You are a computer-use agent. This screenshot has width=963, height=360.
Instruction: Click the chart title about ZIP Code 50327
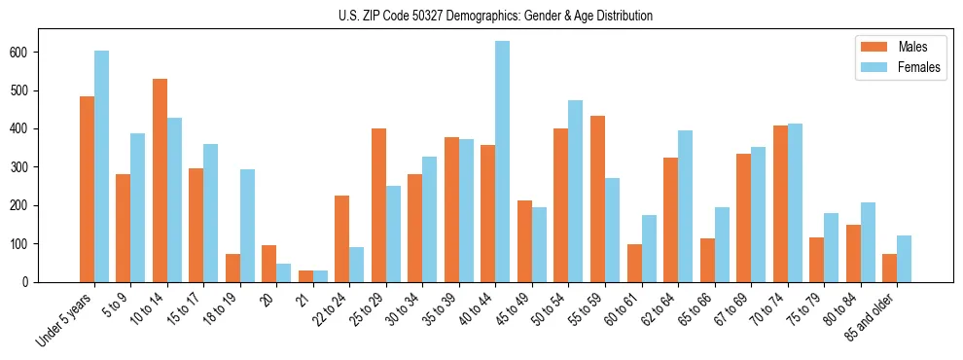pyautogui.click(x=481, y=17)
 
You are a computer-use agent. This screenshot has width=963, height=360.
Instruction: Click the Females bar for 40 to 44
pyautogui.click(x=502, y=162)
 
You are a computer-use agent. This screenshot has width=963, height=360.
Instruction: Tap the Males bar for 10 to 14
pyautogui.click(x=160, y=180)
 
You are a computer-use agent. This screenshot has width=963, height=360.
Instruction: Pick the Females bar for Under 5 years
pyautogui.click(x=101, y=166)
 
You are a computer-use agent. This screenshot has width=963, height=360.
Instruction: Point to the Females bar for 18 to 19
pyautogui.click(x=247, y=226)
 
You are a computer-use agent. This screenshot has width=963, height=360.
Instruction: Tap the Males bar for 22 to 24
pyautogui.click(x=341, y=238)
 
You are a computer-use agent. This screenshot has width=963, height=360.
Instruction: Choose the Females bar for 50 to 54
pyautogui.click(x=575, y=191)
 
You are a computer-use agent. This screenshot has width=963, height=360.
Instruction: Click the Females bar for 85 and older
pyautogui.click(x=904, y=259)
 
